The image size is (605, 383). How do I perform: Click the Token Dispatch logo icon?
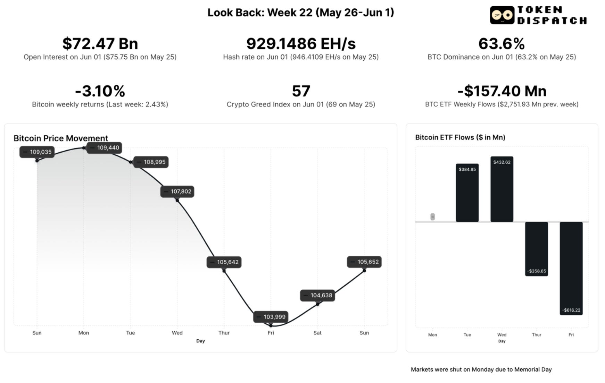tap(502, 15)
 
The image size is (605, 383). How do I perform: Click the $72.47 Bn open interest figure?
tap(100, 44)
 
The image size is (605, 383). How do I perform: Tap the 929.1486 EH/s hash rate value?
tap(301, 44)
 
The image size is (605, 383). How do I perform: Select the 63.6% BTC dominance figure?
tap(502, 44)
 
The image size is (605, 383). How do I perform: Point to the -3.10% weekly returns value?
tap(100, 91)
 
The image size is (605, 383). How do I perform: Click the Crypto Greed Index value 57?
tap(301, 91)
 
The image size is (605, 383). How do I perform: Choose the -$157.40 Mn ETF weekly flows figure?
tap(502, 91)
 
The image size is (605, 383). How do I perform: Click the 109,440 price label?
tap(104, 148)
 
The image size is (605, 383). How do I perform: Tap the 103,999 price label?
tap(271, 317)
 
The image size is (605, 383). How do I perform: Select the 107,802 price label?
tap(177, 191)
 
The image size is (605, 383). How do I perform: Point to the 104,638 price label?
tap(317, 296)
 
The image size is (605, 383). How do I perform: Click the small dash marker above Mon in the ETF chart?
tap(432, 217)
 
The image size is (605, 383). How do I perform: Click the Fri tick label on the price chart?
tap(271, 333)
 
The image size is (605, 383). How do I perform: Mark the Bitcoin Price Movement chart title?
tap(61, 138)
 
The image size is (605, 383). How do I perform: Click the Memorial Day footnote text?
tap(481, 369)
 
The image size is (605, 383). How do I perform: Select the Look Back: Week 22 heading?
tap(301, 13)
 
